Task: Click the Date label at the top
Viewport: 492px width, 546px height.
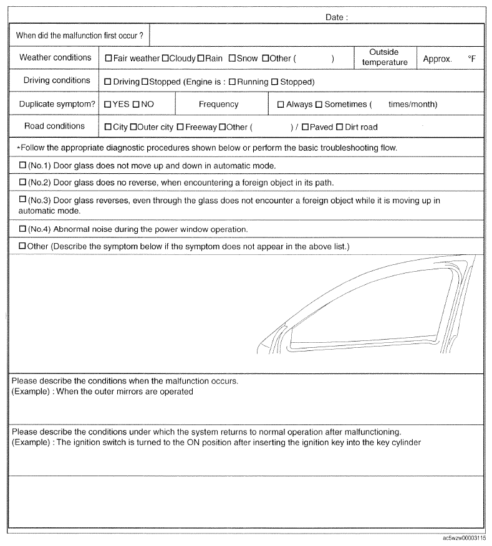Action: pos(337,17)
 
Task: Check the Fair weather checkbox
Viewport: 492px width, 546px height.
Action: pos(109,59)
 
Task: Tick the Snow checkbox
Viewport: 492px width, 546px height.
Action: pos(231,59)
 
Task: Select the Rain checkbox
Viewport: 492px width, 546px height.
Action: pos(201,59)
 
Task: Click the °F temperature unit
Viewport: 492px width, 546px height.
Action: pos(472,59)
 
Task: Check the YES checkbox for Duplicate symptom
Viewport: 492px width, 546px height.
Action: pos(108,105)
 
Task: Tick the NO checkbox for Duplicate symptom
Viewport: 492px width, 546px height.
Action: pos(135,105)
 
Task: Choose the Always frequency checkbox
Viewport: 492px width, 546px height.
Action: pos(281,105)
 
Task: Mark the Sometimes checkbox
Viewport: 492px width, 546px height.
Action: pos(319,105)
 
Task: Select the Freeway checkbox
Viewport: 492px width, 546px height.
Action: pos(180,127)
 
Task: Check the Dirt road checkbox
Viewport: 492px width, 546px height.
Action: pos(339,127)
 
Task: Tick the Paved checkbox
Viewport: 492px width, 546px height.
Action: pos(305,127)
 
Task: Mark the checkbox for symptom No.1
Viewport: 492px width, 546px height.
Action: pos(23,166)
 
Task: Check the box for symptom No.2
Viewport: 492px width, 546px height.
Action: pos(23,183)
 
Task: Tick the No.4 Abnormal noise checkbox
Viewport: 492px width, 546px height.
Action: pos(23,229)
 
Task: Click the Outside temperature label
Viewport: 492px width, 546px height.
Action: pos(384,57)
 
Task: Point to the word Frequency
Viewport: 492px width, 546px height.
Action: pos(218,105)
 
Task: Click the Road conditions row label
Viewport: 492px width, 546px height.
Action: pos(54,127)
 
